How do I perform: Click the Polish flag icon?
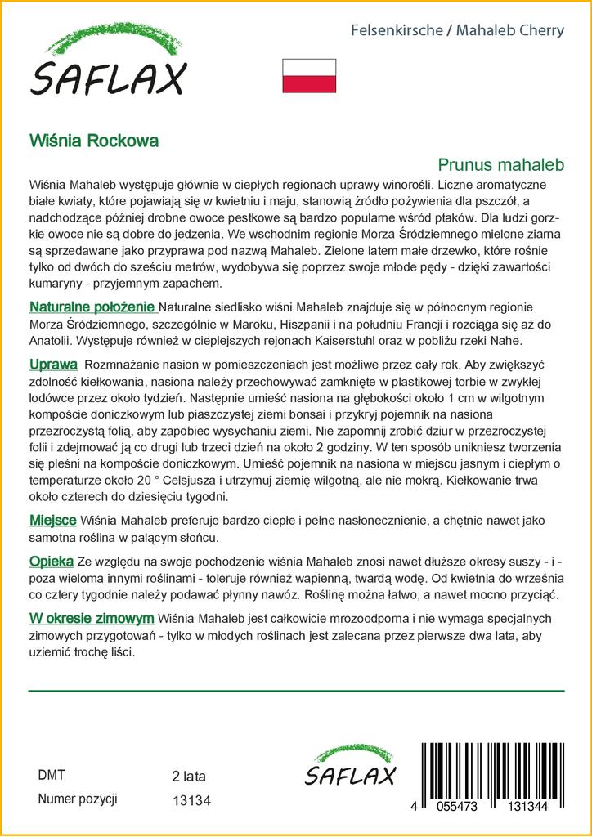(309, 75)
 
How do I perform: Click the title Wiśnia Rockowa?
(94, 140)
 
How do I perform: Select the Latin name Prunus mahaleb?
(501, 164)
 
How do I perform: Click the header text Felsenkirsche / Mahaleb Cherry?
(457, 31)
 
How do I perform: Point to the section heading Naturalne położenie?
(92, 307)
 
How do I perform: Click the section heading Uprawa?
(53, 365)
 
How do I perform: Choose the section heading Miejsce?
(53, 520)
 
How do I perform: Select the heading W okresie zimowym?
(92, 618)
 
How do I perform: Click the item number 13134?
(192, 802)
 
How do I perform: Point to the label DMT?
(51, 775)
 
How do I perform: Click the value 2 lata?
(189, 776)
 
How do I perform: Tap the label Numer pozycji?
(78, 799)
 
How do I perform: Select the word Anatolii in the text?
(55, 340)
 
